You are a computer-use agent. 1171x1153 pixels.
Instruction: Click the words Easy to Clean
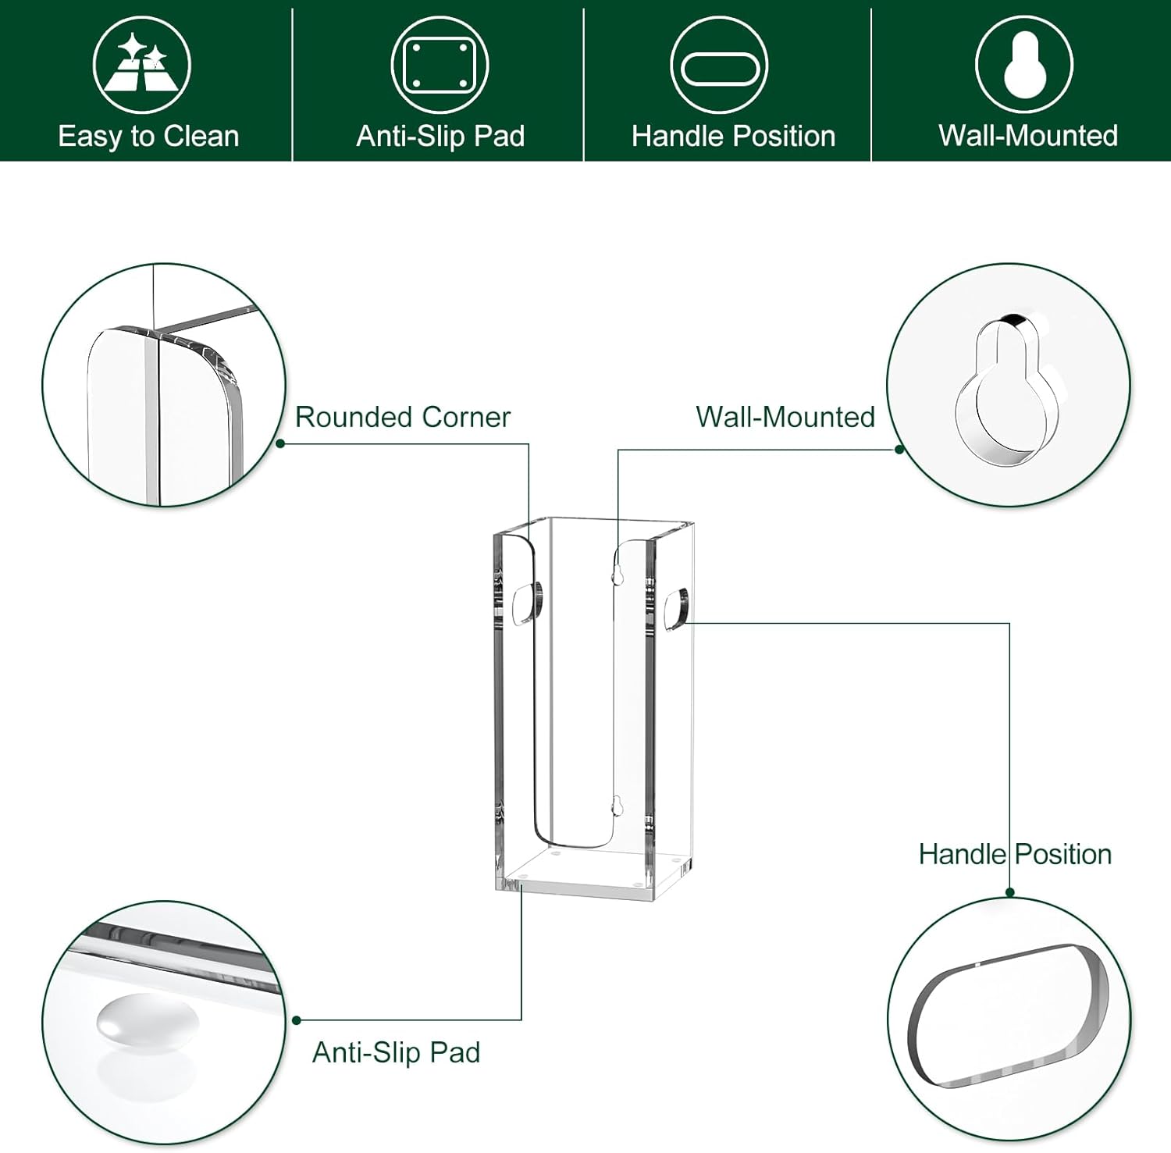[x=148, y=137]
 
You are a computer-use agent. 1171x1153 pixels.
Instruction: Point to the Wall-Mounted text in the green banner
[x=1028, y=136]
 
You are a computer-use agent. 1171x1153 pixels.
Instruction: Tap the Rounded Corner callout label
[x=402, y=417]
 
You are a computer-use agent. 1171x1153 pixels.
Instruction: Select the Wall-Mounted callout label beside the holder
[x=785, y=417]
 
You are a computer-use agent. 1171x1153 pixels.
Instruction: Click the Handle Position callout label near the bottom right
[x=1015, y=854]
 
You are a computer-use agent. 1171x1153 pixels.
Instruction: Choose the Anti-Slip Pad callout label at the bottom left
[x=396, y=1052]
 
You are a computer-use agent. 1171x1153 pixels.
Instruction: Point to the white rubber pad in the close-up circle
[x=148, y=1019]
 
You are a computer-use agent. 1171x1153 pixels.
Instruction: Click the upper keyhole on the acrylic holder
[x=618, y=575]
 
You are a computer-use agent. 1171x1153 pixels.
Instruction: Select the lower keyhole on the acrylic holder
[x=617, y=806]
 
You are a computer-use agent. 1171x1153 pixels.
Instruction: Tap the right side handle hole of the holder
[x=676, y=609]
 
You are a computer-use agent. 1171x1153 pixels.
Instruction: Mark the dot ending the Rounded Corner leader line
[x=280, y=443]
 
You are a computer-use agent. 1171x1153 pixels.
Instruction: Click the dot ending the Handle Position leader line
[x=1009, y=892]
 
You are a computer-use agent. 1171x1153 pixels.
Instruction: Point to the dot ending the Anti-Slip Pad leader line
[x=297, y=1020]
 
